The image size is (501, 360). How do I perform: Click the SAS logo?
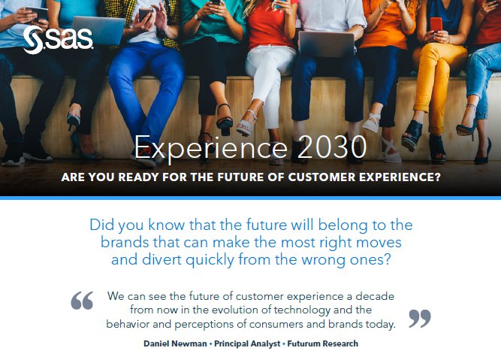point(58,40)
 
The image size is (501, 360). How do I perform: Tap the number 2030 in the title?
point(332,147)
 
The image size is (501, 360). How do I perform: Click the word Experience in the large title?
point(211,148)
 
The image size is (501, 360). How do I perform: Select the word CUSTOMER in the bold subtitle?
point(321,177)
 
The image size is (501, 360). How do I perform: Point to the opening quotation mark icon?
point(82,300)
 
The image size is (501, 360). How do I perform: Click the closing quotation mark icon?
point(420,319)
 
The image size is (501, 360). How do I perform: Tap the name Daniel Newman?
point(175,343)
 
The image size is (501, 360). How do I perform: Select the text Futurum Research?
point(323,343)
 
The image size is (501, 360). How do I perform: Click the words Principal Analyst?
point(247,343)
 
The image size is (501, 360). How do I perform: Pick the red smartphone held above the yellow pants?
point(436,25)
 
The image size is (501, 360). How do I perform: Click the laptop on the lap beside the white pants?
point(327,44)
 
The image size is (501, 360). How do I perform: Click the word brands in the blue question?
point(124,242)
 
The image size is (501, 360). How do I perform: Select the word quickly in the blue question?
point(210,260)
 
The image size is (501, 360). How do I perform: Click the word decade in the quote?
point(375,296)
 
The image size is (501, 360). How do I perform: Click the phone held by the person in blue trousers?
point(145,14)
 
